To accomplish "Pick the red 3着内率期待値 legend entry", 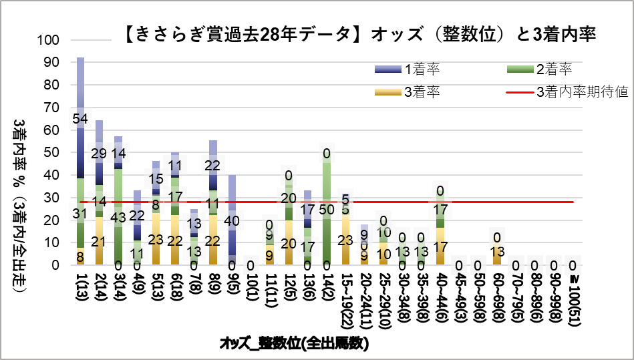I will [582, 92].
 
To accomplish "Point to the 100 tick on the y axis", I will [50, 40].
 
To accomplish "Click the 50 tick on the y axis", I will [54, 152].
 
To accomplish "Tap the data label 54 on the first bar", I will [80, 119].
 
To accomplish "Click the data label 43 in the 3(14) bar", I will [118, 218].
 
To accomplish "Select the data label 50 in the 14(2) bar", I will [327, 209].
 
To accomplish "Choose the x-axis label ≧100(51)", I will [573, 297].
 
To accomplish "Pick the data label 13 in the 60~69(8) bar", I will [497, 251].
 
